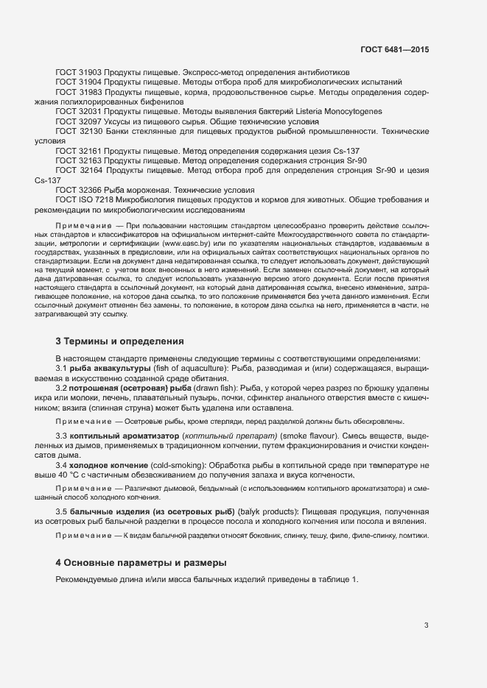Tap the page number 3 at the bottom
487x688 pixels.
click(x=427, y=625)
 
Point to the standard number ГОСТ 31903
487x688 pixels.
click(x=79, y=71)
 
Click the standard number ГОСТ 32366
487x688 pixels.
click(x=79, y=190)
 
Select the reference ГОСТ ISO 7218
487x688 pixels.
click(x=85, y=199)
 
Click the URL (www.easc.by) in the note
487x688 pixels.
click(x=185, y=242)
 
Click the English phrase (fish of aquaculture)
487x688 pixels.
click(x=193, y=367)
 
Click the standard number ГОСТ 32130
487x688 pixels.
click(x=79, y=130)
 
